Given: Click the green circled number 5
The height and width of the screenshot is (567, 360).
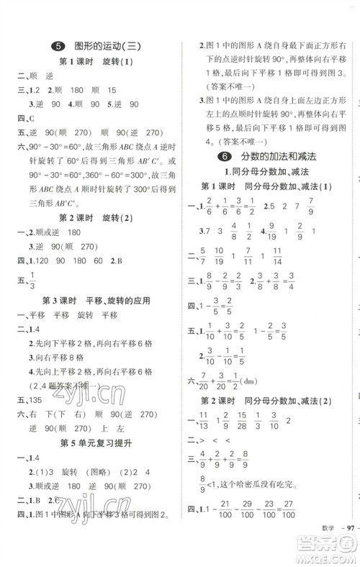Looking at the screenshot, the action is [x=59, y=47].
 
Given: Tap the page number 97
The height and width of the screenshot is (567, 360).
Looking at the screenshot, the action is [x=345, y=549].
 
